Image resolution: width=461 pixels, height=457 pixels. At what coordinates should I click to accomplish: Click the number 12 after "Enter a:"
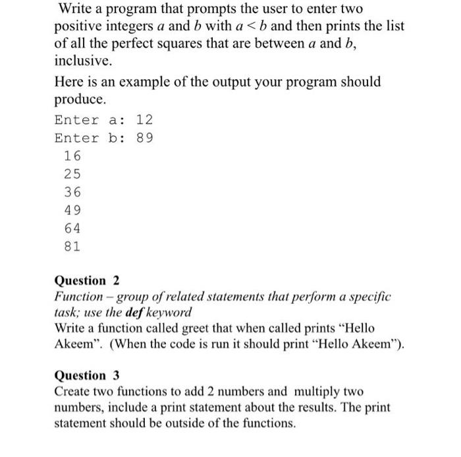click(145, 120)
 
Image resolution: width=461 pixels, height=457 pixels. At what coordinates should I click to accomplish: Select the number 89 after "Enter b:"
click(145, 138)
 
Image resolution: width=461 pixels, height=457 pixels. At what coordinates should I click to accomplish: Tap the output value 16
click(72, 156)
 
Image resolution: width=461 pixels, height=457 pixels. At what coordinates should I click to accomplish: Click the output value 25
click(72, 175)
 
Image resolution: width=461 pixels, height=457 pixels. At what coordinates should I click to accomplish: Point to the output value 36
click(72, 193)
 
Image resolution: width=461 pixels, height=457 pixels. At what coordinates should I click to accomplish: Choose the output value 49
click(72, 211)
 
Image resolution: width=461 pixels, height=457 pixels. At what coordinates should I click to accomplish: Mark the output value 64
click(72, 229)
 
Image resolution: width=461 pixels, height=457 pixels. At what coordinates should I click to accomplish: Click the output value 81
click(72, 247)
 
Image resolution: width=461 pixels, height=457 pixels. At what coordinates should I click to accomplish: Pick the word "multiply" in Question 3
click(310, 392)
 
